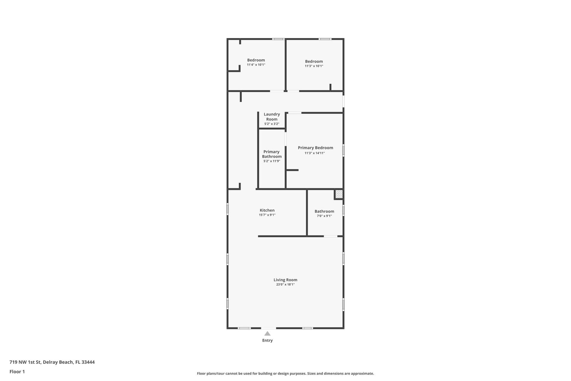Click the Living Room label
tap(285, 280)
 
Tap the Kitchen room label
tap(267, 210)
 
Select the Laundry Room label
tap(272, 117)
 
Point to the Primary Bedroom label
tap(315, 148)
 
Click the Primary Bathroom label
tap(272, 154)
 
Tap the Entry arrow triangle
tap(267, 333)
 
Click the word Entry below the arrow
tap(267, 341)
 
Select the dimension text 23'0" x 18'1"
tap(285, 285)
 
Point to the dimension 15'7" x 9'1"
tap(267, 215)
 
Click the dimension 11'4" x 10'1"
tap(256, 65)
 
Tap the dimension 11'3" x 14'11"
tap(315, 153)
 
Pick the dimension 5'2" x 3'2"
tap(272, 124)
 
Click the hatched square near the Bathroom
tap(339, 194)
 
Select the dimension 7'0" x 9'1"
tap(324, 216)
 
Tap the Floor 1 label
tap(17, 371)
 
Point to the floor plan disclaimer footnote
tap(285, 374)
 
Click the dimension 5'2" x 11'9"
tap(272, 161)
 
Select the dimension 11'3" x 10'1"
tap(314, 66)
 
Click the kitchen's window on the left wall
tap(228, 209)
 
